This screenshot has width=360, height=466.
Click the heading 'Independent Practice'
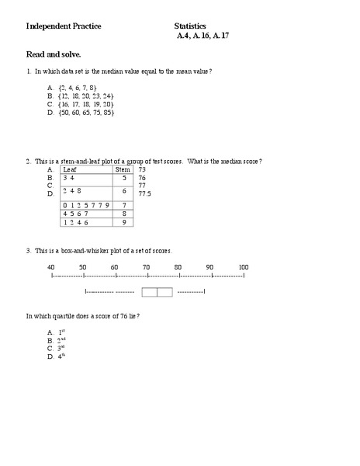pos(64,26)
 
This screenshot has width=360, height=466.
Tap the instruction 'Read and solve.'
pos(54,55)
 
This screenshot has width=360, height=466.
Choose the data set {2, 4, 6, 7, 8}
pos(77,88)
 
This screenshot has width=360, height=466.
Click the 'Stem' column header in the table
pos(123,169)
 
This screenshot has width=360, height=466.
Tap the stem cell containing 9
pos(123,222)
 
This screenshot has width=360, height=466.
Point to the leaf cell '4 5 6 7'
pos(74,214)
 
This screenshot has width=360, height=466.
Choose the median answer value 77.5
pos(144,193)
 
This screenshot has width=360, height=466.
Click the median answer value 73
pos(142,169)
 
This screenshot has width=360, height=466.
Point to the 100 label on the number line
pos(244,267)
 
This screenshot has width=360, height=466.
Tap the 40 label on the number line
pos(51,267)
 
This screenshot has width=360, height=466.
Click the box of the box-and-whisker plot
pos(157,292)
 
